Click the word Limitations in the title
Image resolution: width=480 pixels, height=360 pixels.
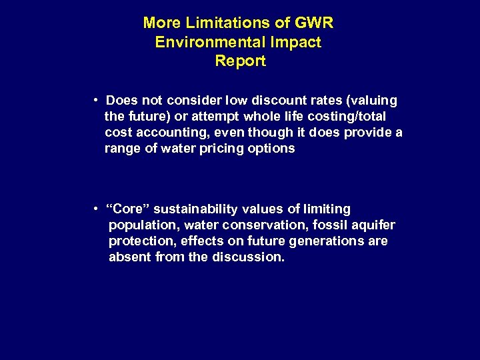229,23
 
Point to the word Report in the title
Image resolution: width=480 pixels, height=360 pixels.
240,61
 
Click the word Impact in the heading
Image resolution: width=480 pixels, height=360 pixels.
295,42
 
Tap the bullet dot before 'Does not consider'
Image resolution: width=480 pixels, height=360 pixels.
97,101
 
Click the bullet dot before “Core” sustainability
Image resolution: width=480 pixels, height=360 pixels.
97,209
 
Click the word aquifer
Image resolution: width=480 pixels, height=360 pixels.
372,225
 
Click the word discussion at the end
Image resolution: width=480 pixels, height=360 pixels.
248,257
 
